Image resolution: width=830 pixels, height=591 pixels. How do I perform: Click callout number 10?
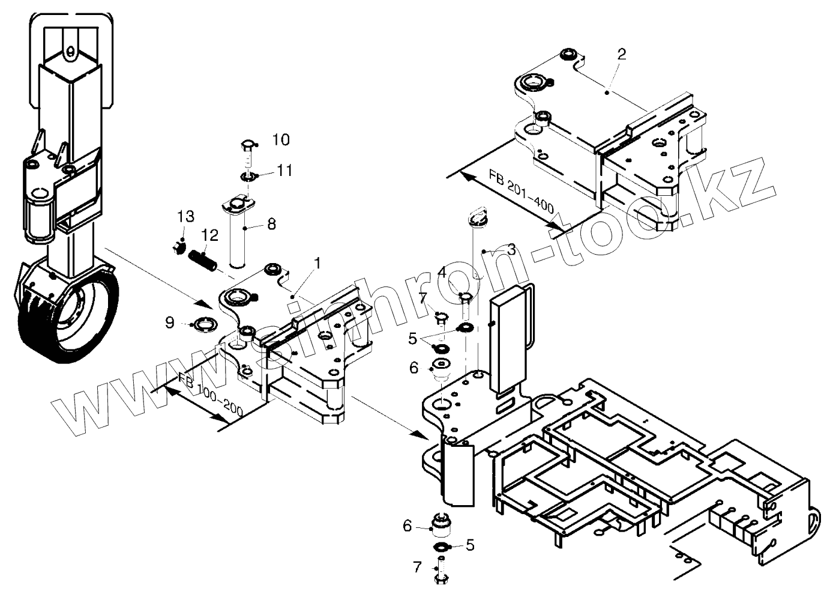280,140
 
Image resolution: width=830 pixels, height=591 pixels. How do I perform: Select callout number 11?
284,171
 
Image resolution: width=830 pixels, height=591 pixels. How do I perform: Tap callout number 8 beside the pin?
271,224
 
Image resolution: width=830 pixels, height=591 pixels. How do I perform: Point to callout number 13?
185,217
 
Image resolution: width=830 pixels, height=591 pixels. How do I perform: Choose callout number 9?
170,323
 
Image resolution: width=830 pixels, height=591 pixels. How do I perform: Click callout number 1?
317,263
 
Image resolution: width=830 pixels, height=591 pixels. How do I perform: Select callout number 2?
622,54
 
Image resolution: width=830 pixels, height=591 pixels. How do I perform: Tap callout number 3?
511,249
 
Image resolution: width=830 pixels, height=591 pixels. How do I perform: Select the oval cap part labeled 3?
478,218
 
